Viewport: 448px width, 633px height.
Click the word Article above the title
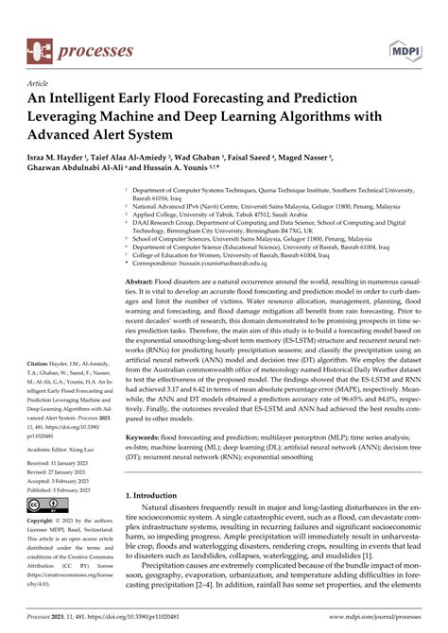tap(37, 83)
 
